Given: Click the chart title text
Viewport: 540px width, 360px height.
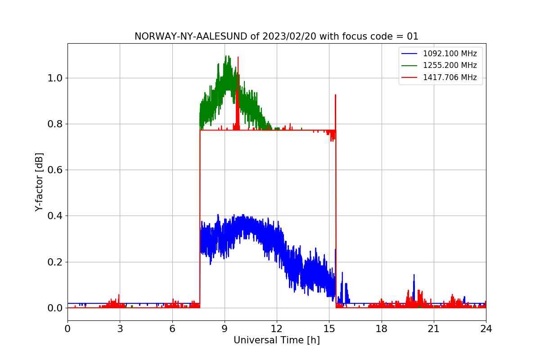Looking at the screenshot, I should tap(276, 36).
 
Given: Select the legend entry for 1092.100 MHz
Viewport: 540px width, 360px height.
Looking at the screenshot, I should tap(450, 54).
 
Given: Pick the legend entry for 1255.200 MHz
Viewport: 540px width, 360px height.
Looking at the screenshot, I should tap(450, 65).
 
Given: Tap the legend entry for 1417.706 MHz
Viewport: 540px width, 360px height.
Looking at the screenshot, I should tap(450, 77).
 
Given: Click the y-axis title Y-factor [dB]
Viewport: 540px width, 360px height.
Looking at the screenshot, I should tap(40, 182).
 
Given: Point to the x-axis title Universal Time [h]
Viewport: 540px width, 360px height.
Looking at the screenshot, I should tap(276, 340).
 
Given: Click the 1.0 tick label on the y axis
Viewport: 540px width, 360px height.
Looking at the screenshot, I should tap(55, 78).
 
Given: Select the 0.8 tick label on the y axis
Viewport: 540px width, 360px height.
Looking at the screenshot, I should tap(55, 124).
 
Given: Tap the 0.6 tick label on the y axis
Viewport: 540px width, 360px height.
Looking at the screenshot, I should tap(55, 170).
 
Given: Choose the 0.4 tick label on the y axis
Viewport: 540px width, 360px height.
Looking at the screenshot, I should tap(55, 216).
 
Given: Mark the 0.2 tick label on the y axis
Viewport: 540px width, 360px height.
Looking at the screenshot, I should tap(55, 262).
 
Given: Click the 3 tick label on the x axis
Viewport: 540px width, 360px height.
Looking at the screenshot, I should tap(120, 328).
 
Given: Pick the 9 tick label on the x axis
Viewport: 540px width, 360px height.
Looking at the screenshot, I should tap(225, 328).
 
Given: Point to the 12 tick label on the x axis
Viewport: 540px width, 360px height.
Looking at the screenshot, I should tap(277, 328).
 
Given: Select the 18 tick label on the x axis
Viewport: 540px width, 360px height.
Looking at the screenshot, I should tap(381, 328).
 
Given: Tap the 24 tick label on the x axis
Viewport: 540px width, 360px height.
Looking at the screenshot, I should tap(486, 328).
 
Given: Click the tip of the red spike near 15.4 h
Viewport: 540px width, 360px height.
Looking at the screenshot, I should tap(335, 95).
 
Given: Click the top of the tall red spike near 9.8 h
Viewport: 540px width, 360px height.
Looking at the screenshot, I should tap(238, 57).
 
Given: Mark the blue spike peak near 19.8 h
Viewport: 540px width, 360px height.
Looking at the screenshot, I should tap(414, 274).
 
